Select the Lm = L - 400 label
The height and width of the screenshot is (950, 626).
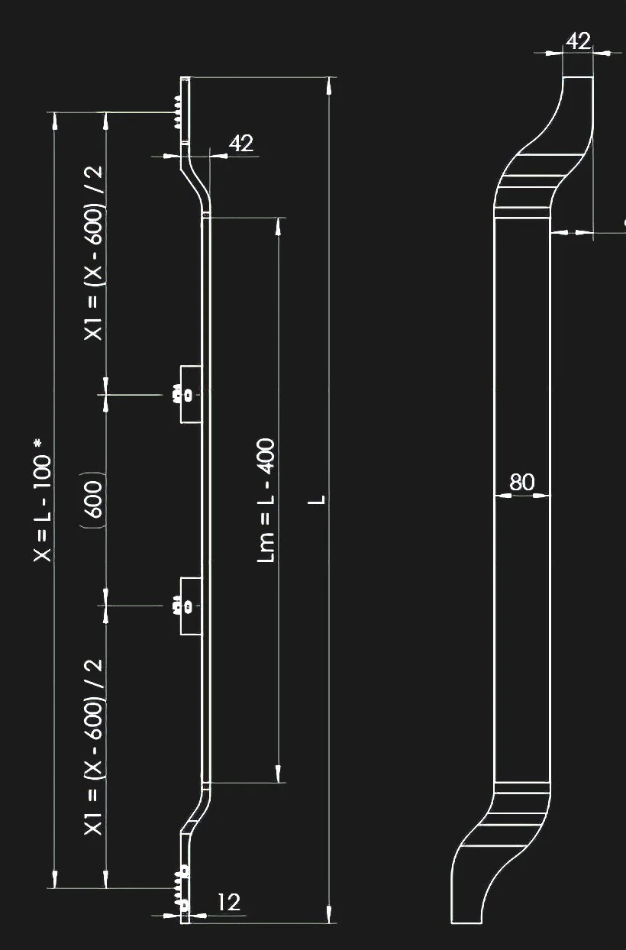click(266, 500)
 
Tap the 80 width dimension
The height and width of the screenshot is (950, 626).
click(521, 483)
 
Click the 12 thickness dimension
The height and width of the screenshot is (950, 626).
click(228, 902)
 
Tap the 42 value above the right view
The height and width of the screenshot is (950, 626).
click(579, 40)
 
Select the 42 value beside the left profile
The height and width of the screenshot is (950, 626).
click(241, 143)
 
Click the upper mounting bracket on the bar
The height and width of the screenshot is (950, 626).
click(191, 394)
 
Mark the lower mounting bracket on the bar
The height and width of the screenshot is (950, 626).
click(191, 606)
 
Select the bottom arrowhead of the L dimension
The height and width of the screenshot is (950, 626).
click(329, 915)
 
